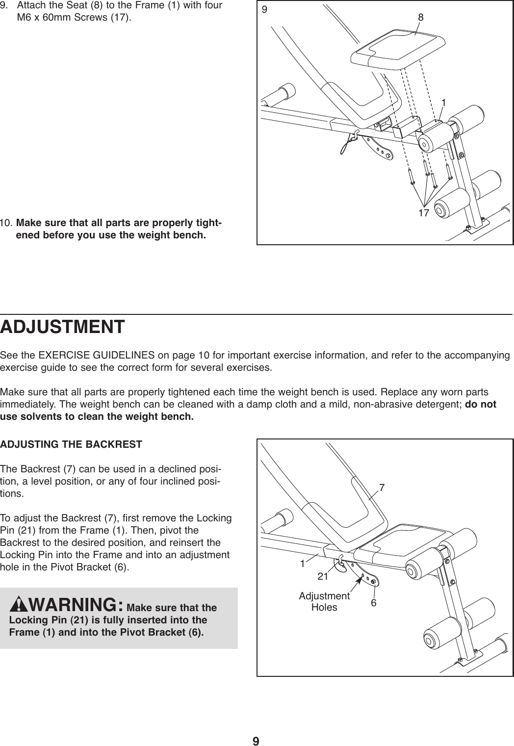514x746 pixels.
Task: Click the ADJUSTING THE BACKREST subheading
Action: click(71, 445)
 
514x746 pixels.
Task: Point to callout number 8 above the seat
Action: click(421, 17)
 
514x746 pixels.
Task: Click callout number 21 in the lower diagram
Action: click(323, 577)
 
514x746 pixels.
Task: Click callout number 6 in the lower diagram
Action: click(374, 602)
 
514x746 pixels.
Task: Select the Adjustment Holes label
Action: click(324, 601)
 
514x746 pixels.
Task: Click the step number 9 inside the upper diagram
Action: click(266, 9)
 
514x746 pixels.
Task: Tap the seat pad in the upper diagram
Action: click(392, 49)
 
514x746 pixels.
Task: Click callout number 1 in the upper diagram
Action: click(443, 103)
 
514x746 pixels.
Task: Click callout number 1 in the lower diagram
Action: click(303, 564)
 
